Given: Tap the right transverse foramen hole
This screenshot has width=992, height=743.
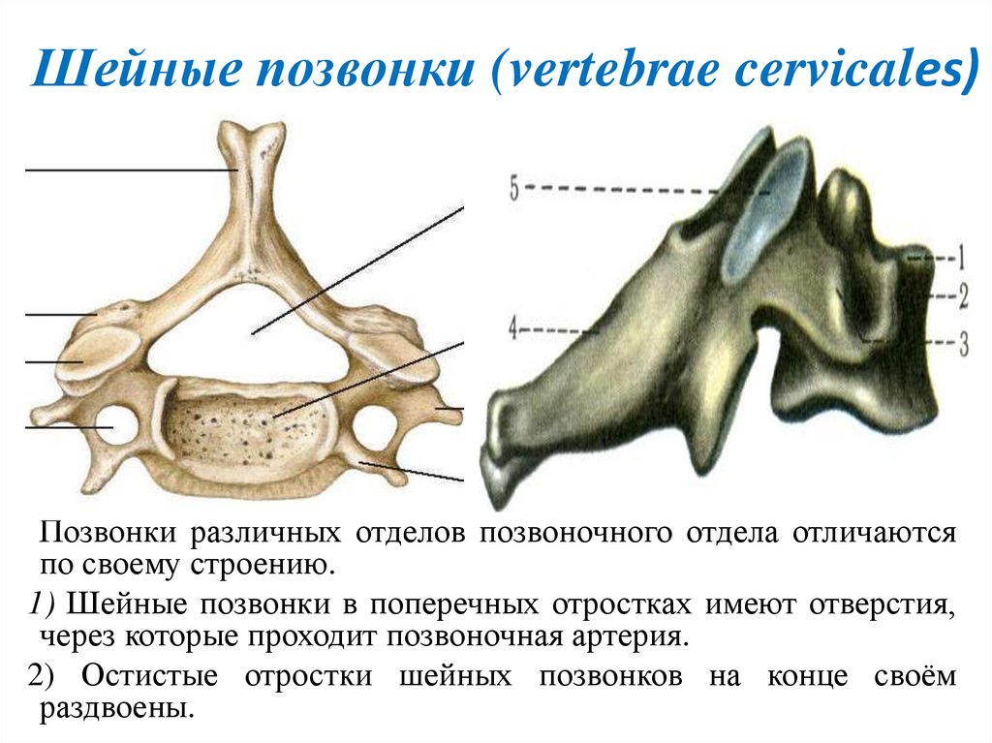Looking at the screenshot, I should [x=375, y=426].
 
